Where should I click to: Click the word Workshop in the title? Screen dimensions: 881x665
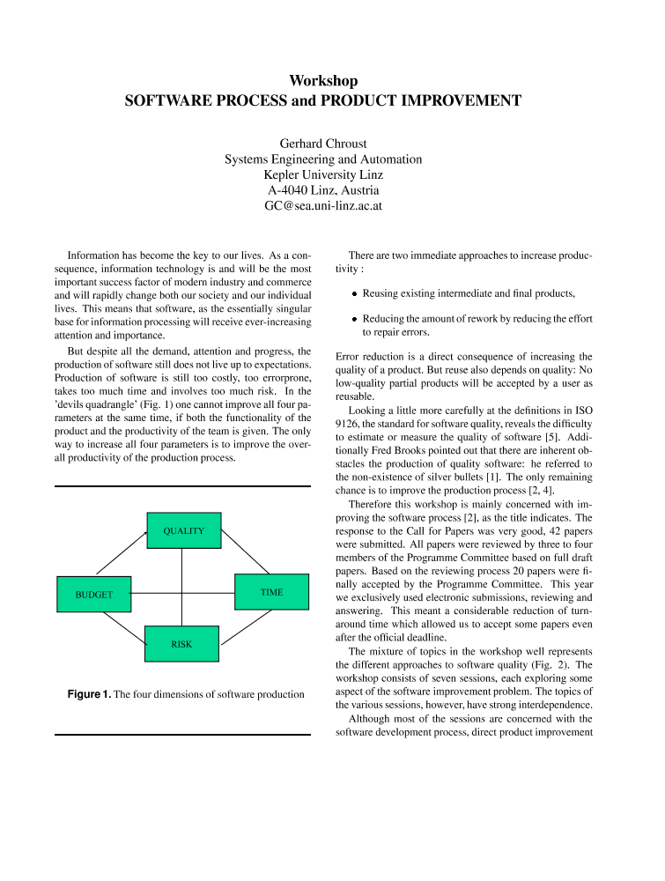click(x=323, y=81)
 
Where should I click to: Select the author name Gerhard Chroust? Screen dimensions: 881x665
click(x=323, y=144)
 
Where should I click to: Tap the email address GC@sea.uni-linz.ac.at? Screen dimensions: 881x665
click(x=323, y=206)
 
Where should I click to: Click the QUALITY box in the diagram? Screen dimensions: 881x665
click(x=183, y=530)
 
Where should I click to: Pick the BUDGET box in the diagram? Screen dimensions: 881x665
click(x=93, y=595)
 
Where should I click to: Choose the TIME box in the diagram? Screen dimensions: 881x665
click(x=271, y=592)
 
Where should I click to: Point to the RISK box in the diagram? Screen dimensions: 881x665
click(x=181, y=644)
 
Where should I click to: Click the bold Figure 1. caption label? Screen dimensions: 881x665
click(x=89, y=694)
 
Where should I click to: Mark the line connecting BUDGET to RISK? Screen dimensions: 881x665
click(x=123, y=626)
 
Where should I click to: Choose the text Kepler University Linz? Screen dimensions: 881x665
click(x=323, y=174)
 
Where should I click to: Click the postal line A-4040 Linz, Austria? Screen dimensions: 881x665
click(x=323, y=190)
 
